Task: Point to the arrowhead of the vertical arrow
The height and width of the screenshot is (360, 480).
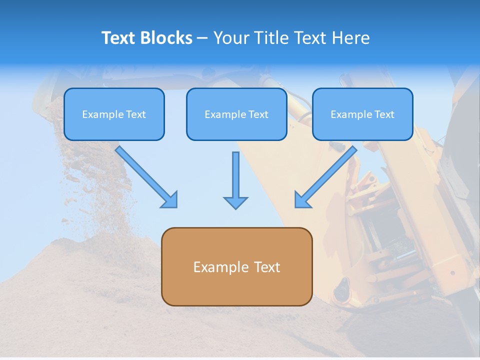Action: (235, 202)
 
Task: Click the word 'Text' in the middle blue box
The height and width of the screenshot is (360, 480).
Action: (258, 114)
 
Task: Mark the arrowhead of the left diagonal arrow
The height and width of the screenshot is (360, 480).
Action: (169, 199)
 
